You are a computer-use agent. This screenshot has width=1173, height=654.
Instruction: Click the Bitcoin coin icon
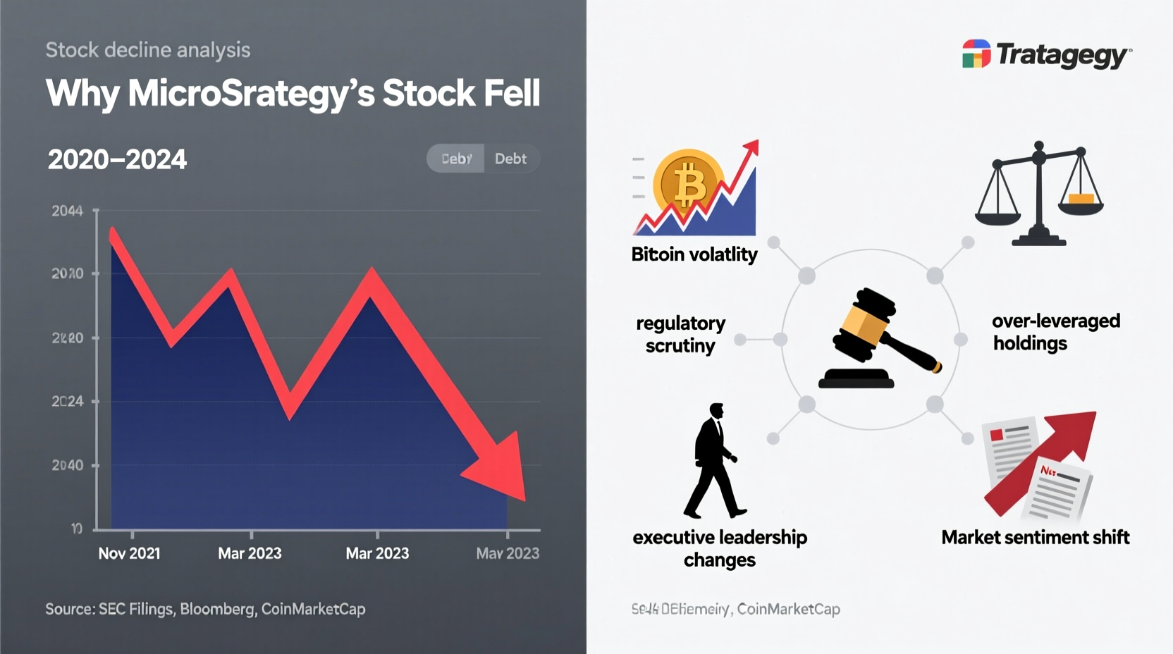(688, 184)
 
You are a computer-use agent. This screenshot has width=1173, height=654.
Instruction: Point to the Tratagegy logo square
(976, 54)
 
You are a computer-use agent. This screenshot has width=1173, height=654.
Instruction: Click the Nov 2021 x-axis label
(129, 553)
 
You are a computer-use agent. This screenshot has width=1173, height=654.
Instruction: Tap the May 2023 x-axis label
(508, 553)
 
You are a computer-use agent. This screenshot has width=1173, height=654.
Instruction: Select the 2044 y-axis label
(67, 211)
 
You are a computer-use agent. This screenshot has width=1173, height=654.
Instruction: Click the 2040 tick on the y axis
(67, 465)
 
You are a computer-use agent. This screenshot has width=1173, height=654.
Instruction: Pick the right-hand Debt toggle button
(510, 159)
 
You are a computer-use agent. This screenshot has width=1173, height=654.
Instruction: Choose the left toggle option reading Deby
(456, 159)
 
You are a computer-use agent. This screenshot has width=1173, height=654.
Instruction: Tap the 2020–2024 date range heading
(117, 159)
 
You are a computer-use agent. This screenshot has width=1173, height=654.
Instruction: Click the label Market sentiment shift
(1035, 537)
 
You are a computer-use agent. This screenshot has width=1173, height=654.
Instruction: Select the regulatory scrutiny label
(680, 334)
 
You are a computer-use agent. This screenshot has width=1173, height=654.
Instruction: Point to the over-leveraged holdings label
(1055, 332)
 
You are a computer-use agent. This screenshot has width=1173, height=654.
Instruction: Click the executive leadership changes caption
(720, 548)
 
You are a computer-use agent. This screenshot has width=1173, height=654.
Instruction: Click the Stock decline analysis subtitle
(148, 50)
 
